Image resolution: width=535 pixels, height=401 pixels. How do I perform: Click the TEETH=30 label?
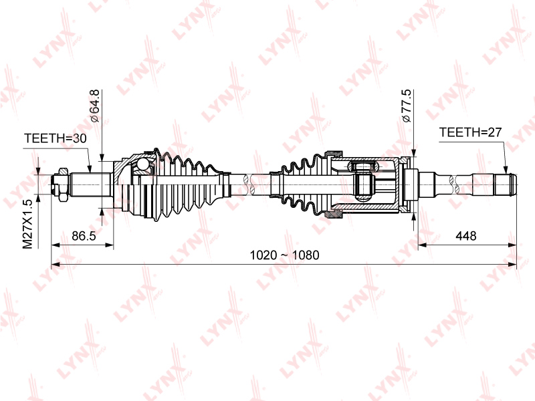coord(56,138)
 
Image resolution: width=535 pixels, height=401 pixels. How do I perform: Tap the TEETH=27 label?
coord(470,132)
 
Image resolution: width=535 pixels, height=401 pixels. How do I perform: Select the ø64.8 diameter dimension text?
coord(94,106)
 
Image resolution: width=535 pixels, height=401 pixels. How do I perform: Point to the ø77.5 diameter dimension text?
coord(407,106)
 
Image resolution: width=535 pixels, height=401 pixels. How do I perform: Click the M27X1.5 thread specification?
coord(27,224)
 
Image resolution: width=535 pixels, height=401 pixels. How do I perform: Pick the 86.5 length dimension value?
coord(84,236)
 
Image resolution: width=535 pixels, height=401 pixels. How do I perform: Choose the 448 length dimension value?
coord(465,236)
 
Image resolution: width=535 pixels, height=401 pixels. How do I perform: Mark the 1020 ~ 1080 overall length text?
coord(285,255)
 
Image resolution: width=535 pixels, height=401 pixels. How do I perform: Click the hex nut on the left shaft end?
coord(63,184)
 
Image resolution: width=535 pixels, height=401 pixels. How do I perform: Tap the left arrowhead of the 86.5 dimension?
coord(56,245)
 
